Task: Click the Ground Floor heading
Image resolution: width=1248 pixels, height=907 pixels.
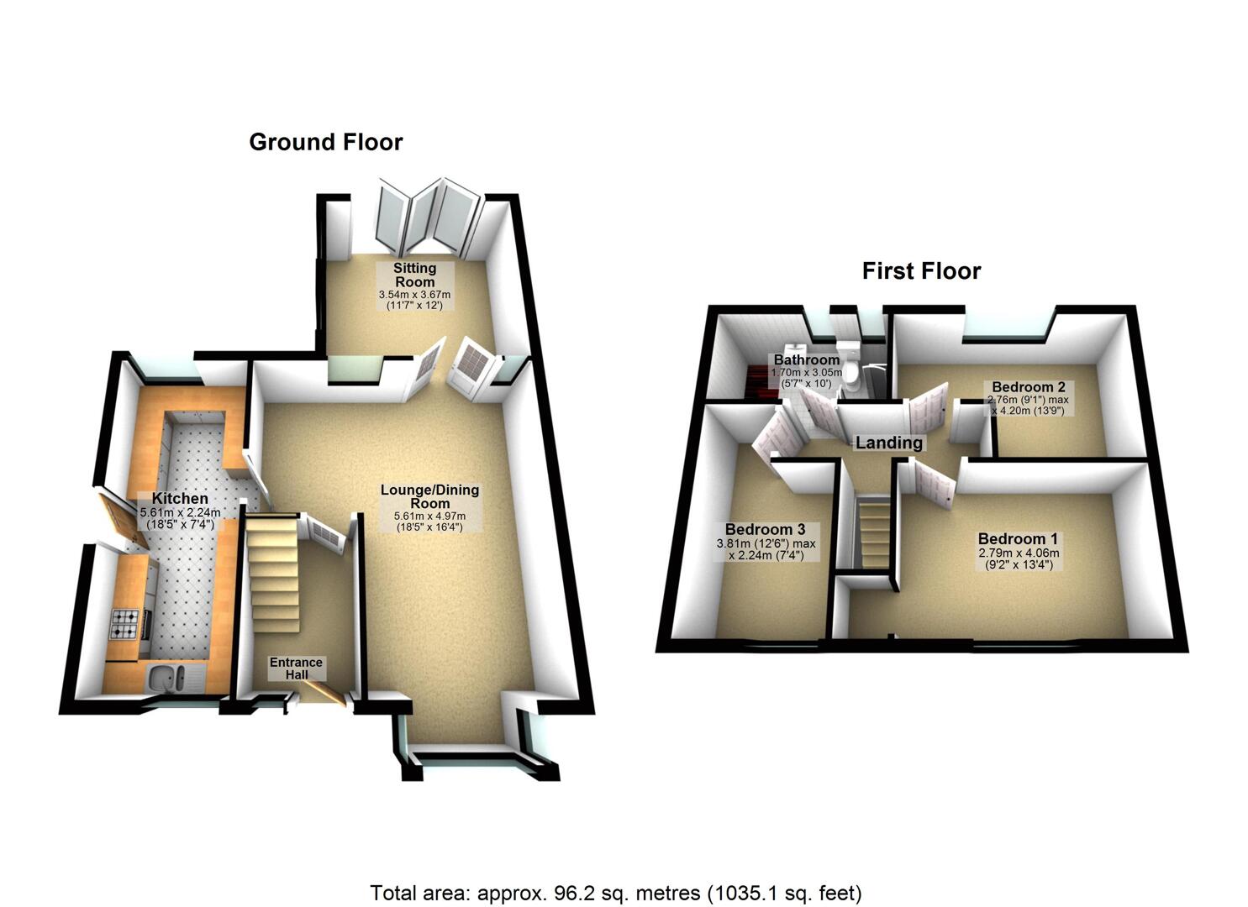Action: click(x=326, y=142)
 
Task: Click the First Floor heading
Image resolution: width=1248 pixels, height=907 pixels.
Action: click(x=921, y=271)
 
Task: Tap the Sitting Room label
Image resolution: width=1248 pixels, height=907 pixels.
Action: click(x=415, y=275)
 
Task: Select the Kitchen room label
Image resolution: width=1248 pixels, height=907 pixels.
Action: click(x=180, y=498)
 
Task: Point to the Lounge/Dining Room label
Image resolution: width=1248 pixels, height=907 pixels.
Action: click(x=429, y=496)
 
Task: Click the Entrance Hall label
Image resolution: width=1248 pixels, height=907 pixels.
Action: click(x=296, y=668)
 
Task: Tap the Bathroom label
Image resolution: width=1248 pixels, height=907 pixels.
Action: click(x=807, y=360)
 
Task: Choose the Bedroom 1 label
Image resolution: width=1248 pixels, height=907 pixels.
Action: click(x=1018, y=539)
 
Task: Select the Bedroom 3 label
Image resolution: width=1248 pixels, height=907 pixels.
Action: click(x=765, y=529)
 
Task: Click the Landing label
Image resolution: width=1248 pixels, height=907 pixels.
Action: click(x=889, y=443)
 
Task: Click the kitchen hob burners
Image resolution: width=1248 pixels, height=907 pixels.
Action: click(x=125, y=622)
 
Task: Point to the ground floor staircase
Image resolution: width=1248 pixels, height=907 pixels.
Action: click(x=274, y=579)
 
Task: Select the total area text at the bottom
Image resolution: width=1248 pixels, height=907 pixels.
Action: click(x=616, y=892)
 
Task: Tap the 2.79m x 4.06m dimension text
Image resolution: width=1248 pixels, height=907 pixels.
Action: click(x=1018, y=553)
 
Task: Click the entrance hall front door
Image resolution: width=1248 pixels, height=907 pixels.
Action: click(x=324, y=695)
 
